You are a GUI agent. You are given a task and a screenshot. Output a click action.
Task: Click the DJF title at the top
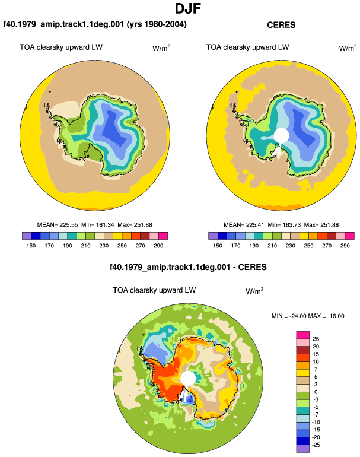pos(188,8)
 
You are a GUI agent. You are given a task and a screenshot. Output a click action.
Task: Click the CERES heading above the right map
pos(281,25)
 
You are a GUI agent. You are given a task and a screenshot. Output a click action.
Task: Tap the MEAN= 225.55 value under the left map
pos(58,225)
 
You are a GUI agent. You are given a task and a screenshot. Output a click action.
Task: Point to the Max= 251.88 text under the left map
pos(135,225)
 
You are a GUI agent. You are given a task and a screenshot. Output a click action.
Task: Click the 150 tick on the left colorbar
pos(31,246)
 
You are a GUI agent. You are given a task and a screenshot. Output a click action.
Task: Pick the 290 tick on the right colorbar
pos(345,246)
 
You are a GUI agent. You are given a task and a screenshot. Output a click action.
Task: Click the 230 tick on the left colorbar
pos(104,246)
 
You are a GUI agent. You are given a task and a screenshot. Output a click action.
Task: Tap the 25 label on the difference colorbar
pos(316,339)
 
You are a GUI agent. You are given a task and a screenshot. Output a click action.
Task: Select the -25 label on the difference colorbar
pos(316,445)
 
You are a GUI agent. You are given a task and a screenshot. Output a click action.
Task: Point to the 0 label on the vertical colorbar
pos(316,392)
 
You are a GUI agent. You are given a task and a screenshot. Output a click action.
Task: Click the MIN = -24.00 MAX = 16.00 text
pos(308,316)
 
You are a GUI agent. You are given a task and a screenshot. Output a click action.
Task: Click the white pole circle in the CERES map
pos(281,135)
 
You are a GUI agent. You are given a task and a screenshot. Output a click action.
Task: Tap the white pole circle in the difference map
pos(188,378)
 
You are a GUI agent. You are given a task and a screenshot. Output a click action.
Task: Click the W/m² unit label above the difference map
pos(254,291)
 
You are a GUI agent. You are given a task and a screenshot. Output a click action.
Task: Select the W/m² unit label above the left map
pos(161,48)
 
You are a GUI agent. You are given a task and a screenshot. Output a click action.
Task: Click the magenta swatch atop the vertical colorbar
pos(303,335)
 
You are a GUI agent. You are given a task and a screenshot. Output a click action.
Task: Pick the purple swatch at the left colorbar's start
pos(26,236)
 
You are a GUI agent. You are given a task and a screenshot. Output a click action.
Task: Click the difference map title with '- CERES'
pos(188,267)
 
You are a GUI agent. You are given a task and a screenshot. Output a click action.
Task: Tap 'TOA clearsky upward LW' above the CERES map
pos(247,47)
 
